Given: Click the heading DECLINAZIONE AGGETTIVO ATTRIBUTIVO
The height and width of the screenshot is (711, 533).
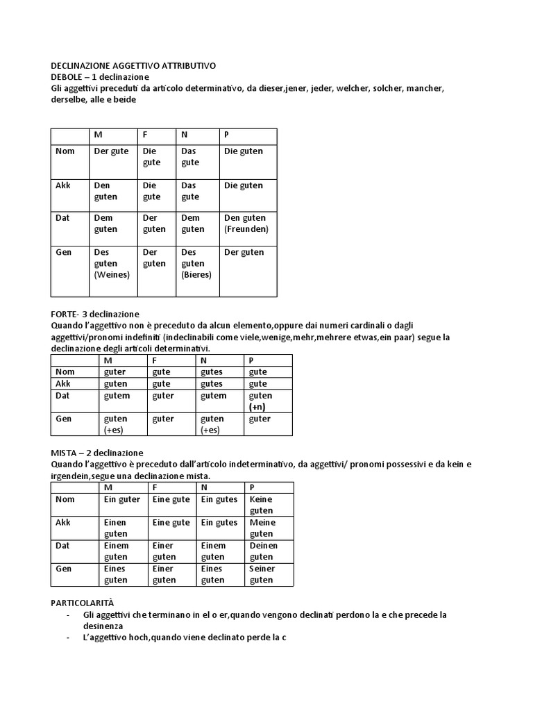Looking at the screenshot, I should click(x=133, y=65).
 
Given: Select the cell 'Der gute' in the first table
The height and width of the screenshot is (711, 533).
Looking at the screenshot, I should click(x=111, y=151).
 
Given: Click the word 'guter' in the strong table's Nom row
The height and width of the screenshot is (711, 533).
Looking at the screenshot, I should click(x=115, y=372).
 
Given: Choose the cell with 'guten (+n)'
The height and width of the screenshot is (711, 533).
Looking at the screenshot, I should click(x=260, y=401).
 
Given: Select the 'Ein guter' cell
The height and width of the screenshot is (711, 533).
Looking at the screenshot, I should click(x=122, y=499).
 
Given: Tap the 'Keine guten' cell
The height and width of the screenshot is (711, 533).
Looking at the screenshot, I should click(x=261, y=505).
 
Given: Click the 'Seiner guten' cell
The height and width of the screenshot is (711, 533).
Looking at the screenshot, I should click(x=262, y=574).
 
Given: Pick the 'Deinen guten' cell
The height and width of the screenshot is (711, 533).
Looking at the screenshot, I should click(x=263, y=551).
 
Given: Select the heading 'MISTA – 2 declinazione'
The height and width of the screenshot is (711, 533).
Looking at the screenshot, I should click(x=97, y=452).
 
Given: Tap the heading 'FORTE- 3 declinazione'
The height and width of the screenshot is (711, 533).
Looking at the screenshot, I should click(x=95, y=315).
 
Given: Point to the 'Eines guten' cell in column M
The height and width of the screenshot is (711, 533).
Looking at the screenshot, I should click(x=116, y=574).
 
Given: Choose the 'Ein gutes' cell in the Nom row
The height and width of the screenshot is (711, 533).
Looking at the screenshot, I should click(x=219, y=499).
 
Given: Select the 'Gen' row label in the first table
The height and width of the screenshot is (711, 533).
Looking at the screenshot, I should click(x=63, y=252).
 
